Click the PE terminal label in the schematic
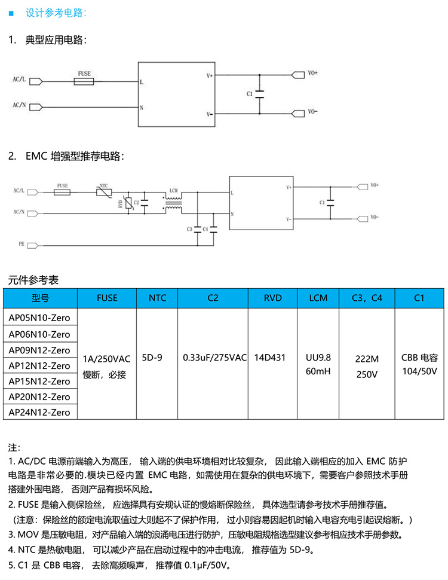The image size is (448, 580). pos(22,245)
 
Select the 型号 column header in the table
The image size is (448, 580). pos(40,298)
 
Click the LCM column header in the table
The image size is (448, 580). pos(318,298)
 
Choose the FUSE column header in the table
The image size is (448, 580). pos(107,298)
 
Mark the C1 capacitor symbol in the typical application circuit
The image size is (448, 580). pos(259,94)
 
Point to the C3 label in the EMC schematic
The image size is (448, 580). pos(189,229)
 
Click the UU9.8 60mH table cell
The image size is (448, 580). pos(318,364)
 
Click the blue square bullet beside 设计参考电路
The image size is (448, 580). pos(11,13)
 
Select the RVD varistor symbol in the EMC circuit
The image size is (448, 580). pos(127,203)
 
